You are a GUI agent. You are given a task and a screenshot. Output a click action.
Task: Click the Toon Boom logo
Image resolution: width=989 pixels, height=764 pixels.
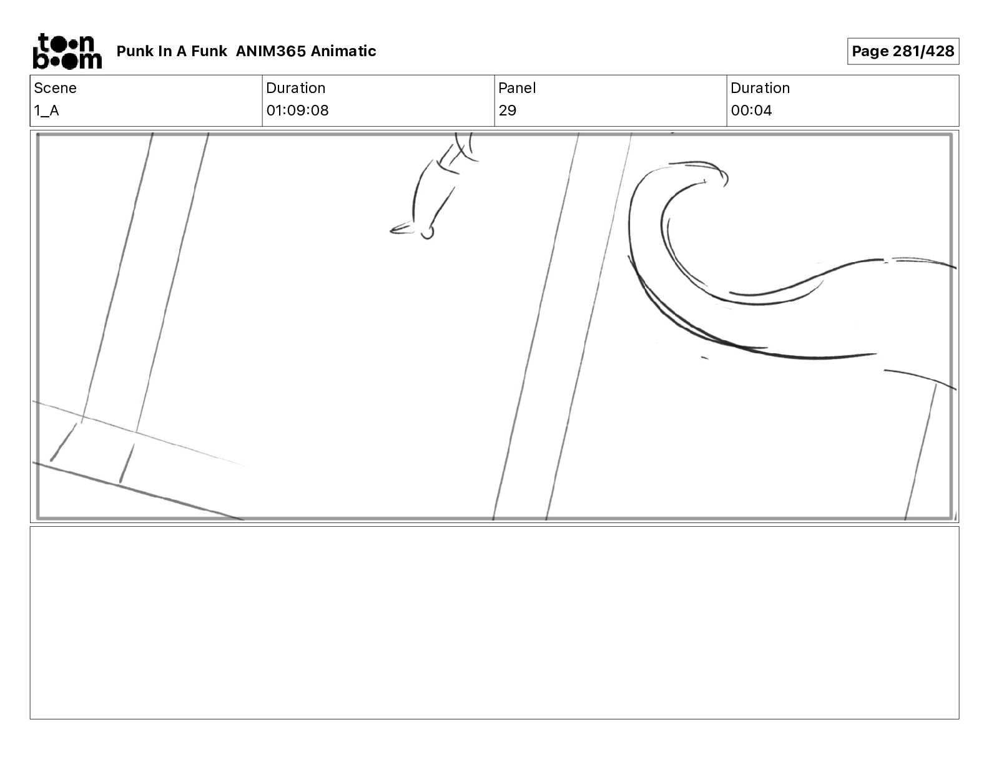click(67, 51)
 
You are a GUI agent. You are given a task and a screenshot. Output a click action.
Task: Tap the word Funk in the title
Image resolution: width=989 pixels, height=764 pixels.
click(209, 51)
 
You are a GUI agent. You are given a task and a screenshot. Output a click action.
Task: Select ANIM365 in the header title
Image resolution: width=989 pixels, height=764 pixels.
click(271, 51)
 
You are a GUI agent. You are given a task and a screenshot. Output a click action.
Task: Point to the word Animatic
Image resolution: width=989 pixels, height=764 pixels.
click(343, 51)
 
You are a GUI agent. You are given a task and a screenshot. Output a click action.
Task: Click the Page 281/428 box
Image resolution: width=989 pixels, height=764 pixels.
click(903, 51)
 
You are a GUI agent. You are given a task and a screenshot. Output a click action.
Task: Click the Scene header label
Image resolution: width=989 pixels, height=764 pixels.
click(55, 88)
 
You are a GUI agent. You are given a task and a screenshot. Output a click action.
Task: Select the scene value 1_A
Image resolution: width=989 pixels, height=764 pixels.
click(46, 110)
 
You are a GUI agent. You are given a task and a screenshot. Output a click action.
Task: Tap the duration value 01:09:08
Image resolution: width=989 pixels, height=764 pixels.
click(298, 110)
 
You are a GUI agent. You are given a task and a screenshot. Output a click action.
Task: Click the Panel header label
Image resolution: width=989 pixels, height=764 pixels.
click(517, 88)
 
